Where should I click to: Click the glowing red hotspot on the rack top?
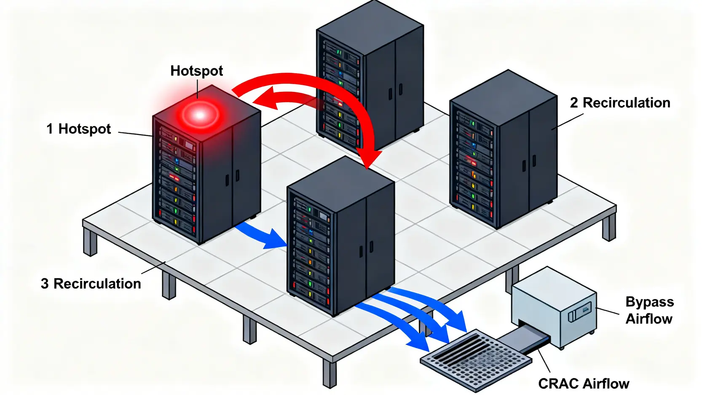coord(200,115)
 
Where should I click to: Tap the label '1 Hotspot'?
coord(79,129)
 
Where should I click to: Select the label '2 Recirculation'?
coord(620,103)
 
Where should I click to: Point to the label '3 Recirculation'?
coord(91,284)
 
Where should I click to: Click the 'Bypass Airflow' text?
coord(649,310)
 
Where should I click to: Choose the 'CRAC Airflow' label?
coord(584,384)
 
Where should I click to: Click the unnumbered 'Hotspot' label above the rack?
coord(197,71)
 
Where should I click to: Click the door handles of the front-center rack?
coord(366,249)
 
